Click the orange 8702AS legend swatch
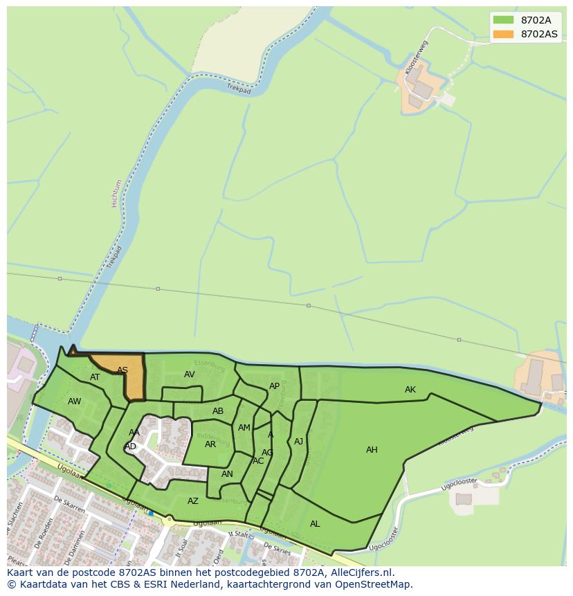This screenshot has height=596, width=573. (x=503, y=34)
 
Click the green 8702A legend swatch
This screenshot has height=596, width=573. (x=503, y=20)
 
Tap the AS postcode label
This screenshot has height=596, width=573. (x=122, y=370)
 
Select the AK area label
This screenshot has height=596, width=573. (x=410, y=390)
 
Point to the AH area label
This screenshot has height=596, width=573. (x=372, y=450)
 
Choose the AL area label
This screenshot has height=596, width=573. (x=315, y=524)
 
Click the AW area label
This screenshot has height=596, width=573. (x=74, y=401)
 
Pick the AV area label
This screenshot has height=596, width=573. (x=189, y=374)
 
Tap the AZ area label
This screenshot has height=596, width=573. (x=193, y=501)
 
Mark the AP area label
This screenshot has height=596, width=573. (x=274, y=386)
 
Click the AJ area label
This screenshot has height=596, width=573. (x=298, y=442)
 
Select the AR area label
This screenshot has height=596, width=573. (x=210, y=444)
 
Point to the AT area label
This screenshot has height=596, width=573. (x=95, y=377)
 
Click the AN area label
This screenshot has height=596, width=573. (x=227, y=474)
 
